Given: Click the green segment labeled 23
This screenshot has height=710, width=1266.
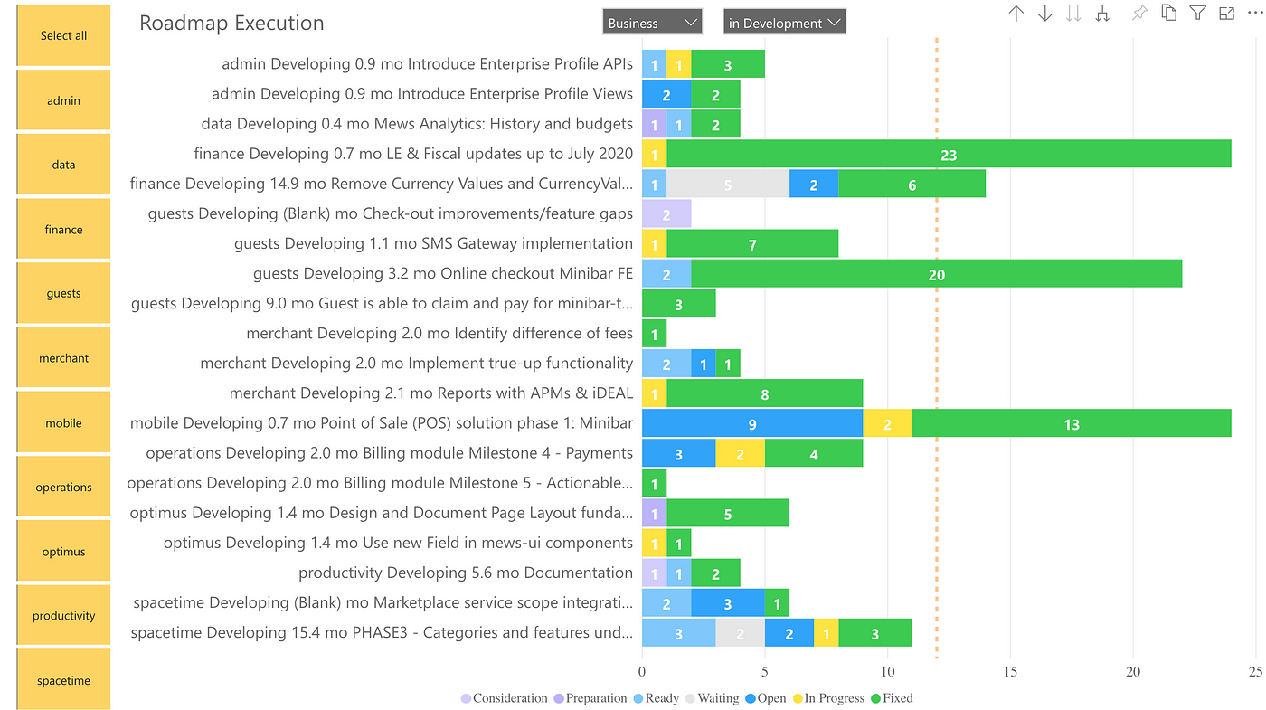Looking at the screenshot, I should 949,154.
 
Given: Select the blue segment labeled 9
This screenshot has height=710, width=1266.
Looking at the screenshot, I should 752,423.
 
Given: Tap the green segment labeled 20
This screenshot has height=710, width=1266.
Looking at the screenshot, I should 936,274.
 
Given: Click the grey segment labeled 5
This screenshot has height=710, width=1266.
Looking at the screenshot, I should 728,185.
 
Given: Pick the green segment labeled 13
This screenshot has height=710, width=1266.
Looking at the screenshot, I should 1072,423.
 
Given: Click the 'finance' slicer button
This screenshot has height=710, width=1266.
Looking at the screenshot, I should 63,229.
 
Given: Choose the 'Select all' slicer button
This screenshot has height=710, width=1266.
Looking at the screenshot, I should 63,35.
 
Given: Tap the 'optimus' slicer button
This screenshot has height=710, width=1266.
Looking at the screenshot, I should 63,551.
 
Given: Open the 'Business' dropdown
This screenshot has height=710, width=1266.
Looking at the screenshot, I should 652,23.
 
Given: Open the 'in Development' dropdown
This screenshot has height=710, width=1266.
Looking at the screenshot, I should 784,23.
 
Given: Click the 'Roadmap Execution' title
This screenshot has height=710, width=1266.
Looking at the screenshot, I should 231,23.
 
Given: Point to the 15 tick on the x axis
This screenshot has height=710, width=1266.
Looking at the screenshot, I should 1010,672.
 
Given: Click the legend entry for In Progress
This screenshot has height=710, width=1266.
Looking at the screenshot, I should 828,698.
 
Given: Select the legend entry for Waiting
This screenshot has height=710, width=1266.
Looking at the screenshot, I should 712,698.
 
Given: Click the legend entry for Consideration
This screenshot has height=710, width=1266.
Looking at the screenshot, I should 505,698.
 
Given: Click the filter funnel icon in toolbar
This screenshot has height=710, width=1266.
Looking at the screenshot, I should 1197,13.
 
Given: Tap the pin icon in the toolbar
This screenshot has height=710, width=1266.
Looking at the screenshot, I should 1139,13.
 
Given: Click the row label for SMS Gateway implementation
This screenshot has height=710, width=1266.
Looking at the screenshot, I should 433,243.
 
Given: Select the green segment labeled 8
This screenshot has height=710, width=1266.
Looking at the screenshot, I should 764,393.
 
